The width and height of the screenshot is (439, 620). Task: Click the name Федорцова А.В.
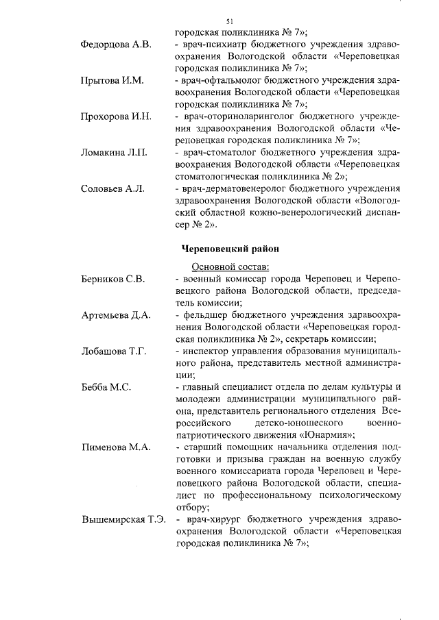click(116, 45)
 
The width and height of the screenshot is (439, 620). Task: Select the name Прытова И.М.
click(112, 81)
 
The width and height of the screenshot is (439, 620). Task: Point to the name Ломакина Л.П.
click(114, 152)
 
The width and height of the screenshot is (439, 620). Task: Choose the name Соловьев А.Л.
click(112, 188)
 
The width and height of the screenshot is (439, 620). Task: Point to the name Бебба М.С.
click(106, 387)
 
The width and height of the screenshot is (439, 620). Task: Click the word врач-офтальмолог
click(220, 81)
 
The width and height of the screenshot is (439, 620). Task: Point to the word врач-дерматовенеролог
click(235, 188)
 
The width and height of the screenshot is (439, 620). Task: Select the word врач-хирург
click(209, 519)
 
